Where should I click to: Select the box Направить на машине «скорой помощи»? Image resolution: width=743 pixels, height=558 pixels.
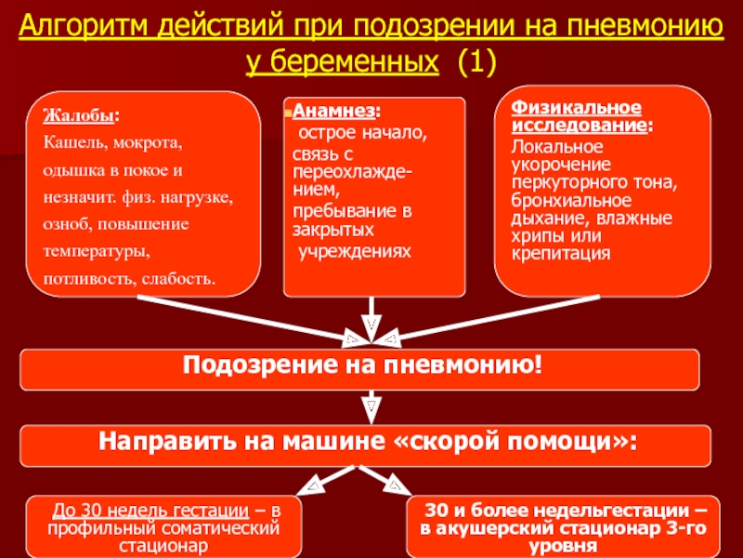tap(359, 443)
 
